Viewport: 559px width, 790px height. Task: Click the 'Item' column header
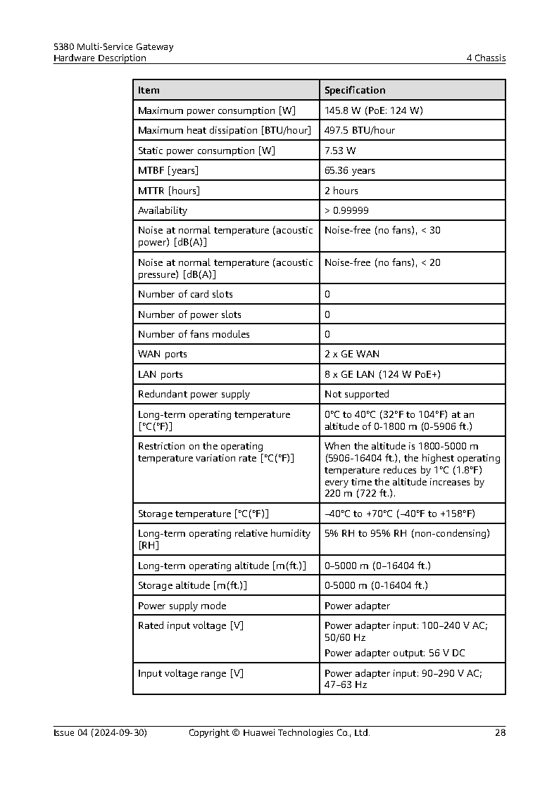coord(149,90)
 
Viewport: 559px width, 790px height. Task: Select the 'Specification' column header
coord(355,90)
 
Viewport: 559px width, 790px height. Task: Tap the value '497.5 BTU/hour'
coord(359,130)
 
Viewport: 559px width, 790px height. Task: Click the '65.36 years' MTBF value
coord(349,170)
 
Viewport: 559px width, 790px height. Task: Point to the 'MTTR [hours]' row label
coord(169,191)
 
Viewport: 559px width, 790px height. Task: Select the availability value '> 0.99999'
coord(346,210)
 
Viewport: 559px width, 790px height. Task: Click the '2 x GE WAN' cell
coord(352,354)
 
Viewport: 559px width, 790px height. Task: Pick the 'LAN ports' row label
coord(161,374)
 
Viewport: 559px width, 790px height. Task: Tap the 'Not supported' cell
coord(356,394)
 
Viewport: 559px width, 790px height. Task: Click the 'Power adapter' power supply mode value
coord(357,606)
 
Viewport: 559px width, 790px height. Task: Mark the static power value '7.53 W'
coord(340,151)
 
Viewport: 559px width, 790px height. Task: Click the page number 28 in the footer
coord(500,733)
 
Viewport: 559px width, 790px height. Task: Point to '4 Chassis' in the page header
coord(486,58)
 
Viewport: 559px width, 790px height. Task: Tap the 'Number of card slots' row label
coord(185,294)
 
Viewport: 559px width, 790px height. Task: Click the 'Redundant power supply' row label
coord(194,394)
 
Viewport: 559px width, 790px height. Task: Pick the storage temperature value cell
coord(399,514)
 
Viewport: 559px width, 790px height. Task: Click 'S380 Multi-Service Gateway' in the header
coord(113,47)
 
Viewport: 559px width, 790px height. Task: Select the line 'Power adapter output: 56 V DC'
coord(394,653)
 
